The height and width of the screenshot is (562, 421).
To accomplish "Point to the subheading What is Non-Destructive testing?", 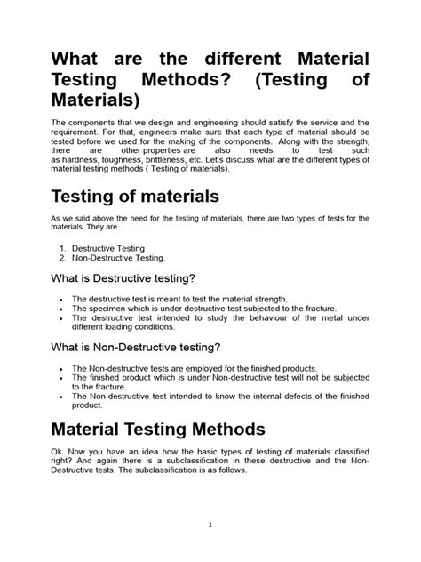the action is pyautogui.click(x=147, y=347).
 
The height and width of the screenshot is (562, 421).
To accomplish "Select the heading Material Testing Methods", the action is pyautogui.click(x=158, y=430).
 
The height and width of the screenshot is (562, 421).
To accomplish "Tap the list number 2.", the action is pyautogui.click(x=64, y=258).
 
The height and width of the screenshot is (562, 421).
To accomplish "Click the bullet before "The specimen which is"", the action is pyautogui.click(x=59, y=308).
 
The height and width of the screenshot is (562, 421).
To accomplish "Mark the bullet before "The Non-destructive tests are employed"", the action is pyautogui.click(x=59, y=367).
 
